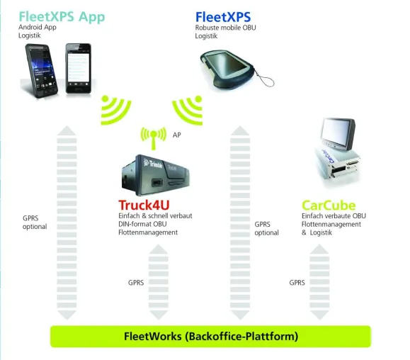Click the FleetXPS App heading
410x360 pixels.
(62, 17)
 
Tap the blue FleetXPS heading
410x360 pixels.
(223, 17)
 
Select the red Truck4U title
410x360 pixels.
(144, 205)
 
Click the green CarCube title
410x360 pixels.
(329, 206)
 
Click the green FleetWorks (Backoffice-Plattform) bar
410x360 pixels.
(210, 337)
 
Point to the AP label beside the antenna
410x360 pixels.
(177, 135)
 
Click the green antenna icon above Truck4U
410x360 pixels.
(154, 138)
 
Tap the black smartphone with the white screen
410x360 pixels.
(79, 69)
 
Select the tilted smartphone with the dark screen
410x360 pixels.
(42, 70)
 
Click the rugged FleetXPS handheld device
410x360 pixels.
(227, 69)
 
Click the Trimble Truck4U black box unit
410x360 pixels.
(155, 175)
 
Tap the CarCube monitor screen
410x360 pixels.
(338, 133)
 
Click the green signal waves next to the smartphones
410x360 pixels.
(115, 110)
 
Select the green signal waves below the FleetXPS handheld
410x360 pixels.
(188, 110)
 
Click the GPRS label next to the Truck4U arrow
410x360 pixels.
(136, 283)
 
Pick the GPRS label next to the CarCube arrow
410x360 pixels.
(297, 283)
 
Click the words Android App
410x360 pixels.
(38, 27)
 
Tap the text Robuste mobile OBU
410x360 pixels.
(226, 28)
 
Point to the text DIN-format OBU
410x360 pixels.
(142, 224)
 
